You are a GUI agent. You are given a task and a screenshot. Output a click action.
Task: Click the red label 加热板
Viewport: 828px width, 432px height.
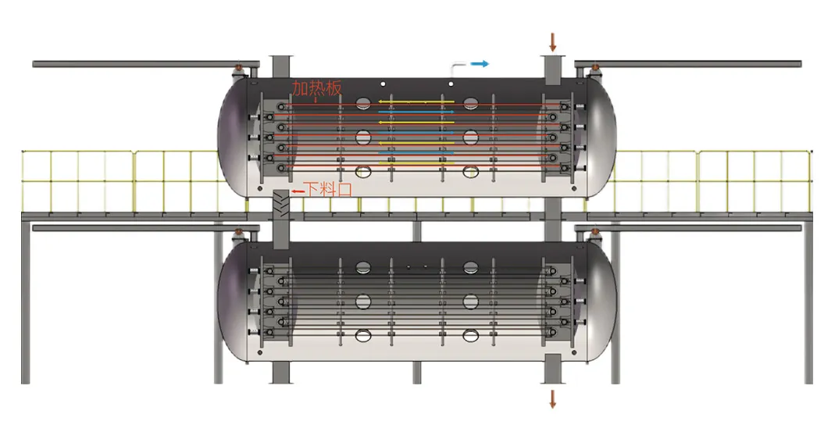(317, 88)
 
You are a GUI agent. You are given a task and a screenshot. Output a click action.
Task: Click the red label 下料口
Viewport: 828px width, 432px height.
(328, 189)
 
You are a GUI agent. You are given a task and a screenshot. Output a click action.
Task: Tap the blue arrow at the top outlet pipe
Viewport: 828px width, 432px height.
(480, 64)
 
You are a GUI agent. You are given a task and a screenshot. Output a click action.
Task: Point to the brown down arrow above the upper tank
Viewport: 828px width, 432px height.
(552, 41)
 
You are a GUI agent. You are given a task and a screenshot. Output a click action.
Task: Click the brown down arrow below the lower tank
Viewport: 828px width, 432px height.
(552, 398)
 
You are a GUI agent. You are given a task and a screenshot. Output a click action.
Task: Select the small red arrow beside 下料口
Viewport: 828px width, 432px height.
(298, 191)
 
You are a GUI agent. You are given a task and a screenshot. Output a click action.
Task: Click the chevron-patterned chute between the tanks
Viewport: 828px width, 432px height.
(281, 205)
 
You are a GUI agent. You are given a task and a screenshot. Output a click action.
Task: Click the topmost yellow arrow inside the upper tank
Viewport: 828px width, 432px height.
(416, 102)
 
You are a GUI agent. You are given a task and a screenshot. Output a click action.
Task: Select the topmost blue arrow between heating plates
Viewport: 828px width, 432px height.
(416, 112)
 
